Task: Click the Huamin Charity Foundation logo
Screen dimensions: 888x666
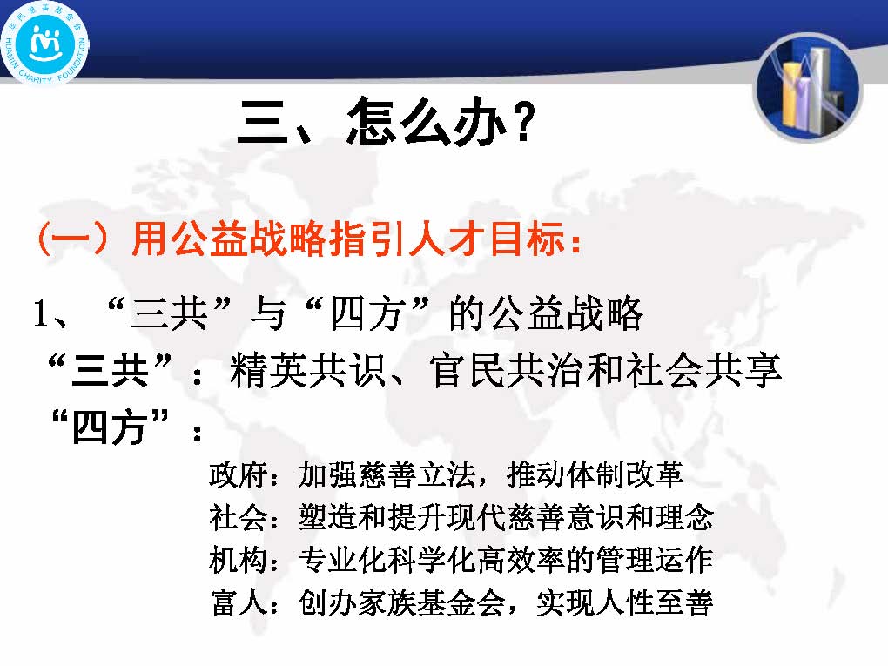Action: (44, 44)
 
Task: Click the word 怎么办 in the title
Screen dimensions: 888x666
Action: (426, 121)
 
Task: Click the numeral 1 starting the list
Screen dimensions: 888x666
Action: (41, 313)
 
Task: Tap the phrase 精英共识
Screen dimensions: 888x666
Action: (307, 370)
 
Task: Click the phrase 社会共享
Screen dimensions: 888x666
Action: (704, 370)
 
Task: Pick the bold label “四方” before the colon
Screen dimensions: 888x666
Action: (111, 427)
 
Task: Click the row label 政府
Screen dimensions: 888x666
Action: (238, 474)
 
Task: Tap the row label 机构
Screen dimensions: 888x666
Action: (238, 560)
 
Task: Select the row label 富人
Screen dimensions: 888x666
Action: (239, 602)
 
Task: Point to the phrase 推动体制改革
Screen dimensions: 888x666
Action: (595, 474)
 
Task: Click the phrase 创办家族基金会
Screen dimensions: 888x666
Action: (401, 602)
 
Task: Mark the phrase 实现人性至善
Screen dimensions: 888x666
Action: (624, 602)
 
